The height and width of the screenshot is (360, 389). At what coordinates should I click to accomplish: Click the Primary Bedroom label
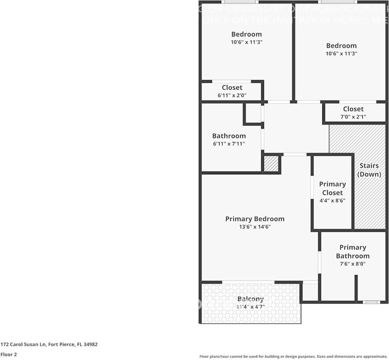pyautogui.click(x=255, y=219)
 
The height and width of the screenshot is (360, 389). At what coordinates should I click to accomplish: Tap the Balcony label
pyautogui.click(x=250, y=299)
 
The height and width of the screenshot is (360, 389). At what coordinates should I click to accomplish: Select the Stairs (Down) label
pyautogui.click(x=369, y=170)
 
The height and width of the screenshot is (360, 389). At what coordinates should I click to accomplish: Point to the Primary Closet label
pyautogui.click(x=332, y=188)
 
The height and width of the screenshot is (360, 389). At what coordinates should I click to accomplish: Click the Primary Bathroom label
pyautogui.click(x=353, y=252)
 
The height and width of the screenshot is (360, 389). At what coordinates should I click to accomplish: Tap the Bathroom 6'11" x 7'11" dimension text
pyautogui.click(x=229, y=144)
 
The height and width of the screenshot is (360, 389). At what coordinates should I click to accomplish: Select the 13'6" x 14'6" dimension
pyautogui.click(x=255, y=227)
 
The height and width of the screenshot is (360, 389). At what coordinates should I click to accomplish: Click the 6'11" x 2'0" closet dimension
pyautogui.click(x=232, y=95)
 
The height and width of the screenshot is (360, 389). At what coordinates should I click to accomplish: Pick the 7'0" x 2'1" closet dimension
pyautogui.click(x=353, y=117)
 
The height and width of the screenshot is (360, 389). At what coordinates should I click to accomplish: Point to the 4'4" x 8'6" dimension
pyautogui.click(x=332, y=201)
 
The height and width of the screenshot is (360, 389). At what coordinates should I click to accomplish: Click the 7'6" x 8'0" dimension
pyautogui.click(x=353, y=264)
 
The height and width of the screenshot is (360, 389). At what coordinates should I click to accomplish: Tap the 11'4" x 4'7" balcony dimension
pyautogui.click(x=250, y=307)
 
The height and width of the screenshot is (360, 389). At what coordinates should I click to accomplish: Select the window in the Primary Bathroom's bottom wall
pyautogui.click(x=371, y=302)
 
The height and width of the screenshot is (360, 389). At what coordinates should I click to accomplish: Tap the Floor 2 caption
pyautogui.click(x=8, y=354)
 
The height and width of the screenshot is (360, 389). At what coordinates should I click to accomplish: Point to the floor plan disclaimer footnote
pyautogui.click(x=294, y=356)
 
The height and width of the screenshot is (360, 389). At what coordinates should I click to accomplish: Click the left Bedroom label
pyautogui.click(x=246, y=34)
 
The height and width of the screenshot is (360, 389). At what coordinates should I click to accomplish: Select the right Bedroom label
pyautogui.click(x=341, y=46)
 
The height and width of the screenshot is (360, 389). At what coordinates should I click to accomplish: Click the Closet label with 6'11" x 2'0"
pyautogui.click(x=232, y=87)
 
